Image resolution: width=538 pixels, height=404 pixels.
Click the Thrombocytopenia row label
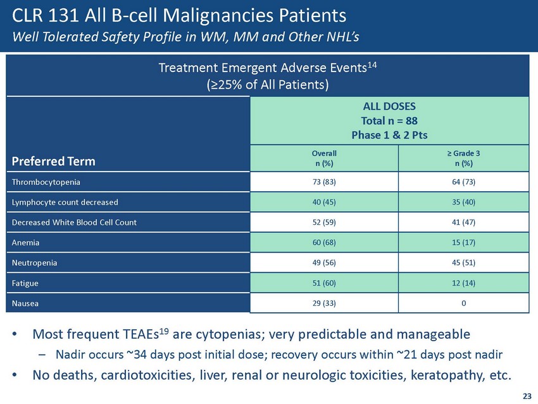[x=46, y=182]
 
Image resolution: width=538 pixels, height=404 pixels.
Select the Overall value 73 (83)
[x=324, y=182]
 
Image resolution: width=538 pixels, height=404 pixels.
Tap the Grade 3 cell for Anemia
[x=463, y=243]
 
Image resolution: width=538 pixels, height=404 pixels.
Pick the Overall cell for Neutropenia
[x=324, y=263]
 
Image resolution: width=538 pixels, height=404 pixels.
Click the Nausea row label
[x=25, y=303]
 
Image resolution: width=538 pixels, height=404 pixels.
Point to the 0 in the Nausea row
[x=463, y=303]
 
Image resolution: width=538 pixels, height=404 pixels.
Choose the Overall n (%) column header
[x=324, y=158]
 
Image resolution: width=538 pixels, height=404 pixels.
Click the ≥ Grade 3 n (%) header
[x=463, y=158]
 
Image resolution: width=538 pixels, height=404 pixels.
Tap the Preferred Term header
[x=54, y=161]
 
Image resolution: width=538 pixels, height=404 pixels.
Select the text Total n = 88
[x=389, y=121]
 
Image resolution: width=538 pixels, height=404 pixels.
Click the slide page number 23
[x=527, y=396]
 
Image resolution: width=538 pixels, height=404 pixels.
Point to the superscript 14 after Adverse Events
[x=372, y=64]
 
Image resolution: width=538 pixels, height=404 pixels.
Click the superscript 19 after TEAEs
[x=165, y=331]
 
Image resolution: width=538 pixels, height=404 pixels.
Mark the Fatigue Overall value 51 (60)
[x=324, y=283]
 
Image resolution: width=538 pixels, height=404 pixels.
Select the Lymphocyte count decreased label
[x=65, y=202]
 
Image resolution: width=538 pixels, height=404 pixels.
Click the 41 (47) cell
[x=463, y=222]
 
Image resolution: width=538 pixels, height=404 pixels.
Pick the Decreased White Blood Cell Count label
[x=74, y=222]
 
